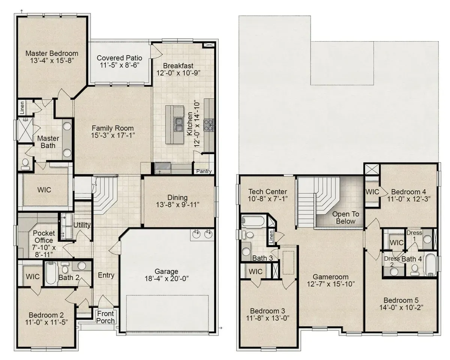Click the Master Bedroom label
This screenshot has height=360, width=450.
pyautogui.click(x=52, y=53)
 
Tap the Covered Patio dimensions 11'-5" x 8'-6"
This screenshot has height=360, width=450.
pyautogui.click(x=119, y=65)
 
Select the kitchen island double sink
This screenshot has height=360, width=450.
pyautogui.click(x=178, y=124)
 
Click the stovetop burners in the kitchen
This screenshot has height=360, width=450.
pyautogui.click(x=209, y=125)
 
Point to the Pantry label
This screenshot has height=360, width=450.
pyautogui.click(x=204, y=171)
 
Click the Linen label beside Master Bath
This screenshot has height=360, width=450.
pyautogui.click(x=22, y=108)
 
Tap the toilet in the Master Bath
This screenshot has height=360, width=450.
pyautogui.click(x=25, y=164)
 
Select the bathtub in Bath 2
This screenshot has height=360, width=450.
pyautogui.click(x=51, y=273)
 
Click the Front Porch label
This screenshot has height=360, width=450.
pyautogui.click(x=106, y=317)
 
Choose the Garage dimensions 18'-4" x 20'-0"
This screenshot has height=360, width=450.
pyautogui.click(x=166, y=279)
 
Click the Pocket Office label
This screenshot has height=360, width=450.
pyautogui.click(x=44, y=236)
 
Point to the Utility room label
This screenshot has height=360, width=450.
pyautogui.click(x=82, y=225)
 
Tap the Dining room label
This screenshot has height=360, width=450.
pyautogui.click(x=177, y=197)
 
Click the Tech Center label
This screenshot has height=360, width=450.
pyautogui.click(x=268, y=191)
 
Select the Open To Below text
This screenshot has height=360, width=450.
pyautogui.click(x=346, y=217)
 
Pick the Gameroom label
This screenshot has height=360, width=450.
pyautogui.click(x=331, y=277)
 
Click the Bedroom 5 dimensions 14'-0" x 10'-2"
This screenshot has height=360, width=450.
pyautogui.click(x=401, y=307)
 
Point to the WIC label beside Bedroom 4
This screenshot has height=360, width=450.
pyautogui.click(x=372, y=192)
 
